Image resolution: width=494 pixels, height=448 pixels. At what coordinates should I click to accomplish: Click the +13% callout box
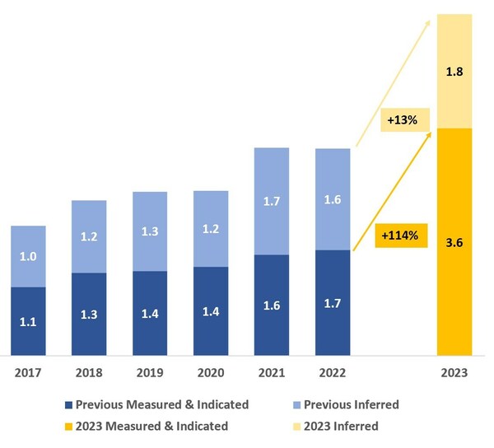[x=401, y=120]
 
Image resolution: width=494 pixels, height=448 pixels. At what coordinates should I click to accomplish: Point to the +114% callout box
[x=399, y=236]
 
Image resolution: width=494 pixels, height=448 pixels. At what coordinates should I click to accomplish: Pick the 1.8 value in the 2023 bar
[x=454, y=72]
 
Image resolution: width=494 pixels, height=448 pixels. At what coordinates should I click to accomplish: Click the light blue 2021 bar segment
[x=272, y=201]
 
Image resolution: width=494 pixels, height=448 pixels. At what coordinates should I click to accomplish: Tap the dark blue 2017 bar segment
[x=28, y=321]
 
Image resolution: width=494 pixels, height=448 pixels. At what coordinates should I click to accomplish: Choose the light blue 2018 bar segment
[x=89, y=236]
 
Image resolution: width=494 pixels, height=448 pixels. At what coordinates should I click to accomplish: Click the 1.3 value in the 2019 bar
[x=150, y=231]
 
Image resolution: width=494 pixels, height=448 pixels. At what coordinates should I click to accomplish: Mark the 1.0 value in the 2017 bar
[x=28, y=256]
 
